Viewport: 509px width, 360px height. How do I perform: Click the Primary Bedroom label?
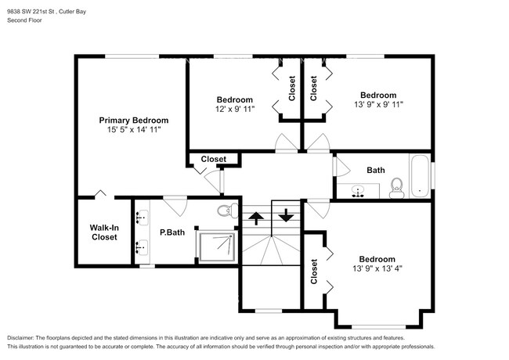[x=134, y=121]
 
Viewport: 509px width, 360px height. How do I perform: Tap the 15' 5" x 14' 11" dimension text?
[x=134, y=130]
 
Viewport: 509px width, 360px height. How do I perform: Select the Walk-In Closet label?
[x=104, y=232]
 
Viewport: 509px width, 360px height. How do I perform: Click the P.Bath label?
[x=172, y=232]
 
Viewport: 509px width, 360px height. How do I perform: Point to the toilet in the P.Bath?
[x=228, y=211]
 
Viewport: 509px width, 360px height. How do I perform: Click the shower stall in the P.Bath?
[x=217, y=247]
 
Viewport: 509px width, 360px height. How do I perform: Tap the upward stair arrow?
[x=256, y=218]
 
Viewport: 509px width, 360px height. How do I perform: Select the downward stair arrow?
[x=286, y=215]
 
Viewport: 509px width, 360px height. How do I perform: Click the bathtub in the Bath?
[x=420, y=176]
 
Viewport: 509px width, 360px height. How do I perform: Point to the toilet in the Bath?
[x=397, y=188]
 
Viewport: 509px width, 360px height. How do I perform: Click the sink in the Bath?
[x=358, y=192]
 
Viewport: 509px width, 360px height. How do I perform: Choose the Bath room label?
[x=376, y=171]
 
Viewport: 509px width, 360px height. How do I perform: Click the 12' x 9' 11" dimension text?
[x=235, y=109]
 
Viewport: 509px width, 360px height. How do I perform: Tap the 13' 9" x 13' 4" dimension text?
[x=377, y=268]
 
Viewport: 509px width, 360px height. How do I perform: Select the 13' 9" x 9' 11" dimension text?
[x=378, y=104]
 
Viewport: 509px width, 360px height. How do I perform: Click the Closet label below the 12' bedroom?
[x=213, y=159]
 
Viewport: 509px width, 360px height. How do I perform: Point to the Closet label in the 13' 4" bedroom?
[x=313, y=272]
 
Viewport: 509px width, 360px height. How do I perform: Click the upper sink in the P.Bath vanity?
[x=142, y=217]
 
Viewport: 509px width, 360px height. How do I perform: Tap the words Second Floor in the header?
[x=25, y=20]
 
